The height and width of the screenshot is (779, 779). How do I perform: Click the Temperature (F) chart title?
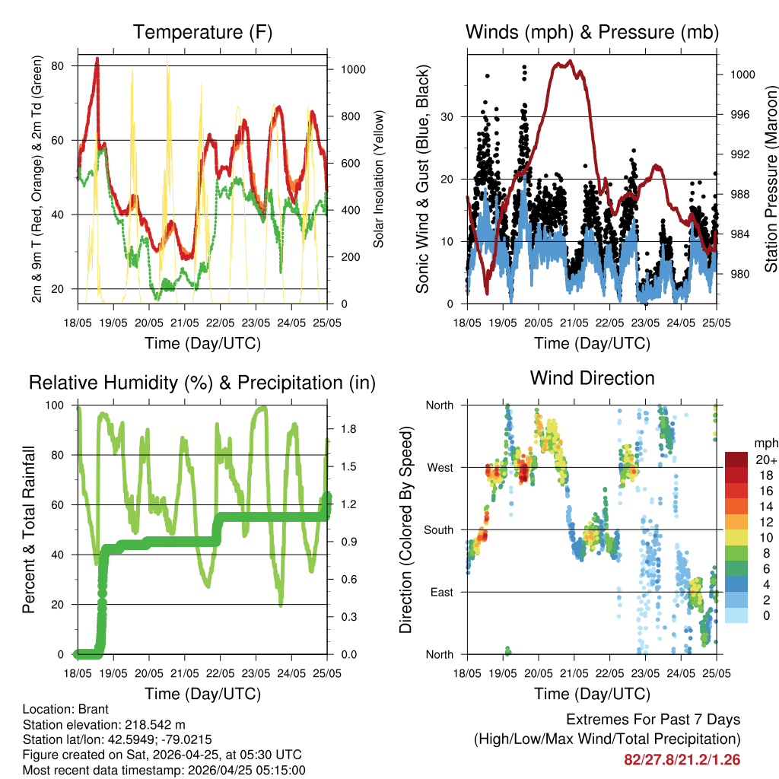coord(202,32)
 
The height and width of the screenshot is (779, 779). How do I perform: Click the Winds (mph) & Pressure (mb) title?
coord(592,32)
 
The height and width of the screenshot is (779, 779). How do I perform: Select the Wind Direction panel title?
coord(592,377)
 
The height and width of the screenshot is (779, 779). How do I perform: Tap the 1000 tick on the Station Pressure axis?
coord(742,75)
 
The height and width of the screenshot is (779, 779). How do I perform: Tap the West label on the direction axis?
coord(439,467)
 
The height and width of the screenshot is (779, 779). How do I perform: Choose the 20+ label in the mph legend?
coord(766,459)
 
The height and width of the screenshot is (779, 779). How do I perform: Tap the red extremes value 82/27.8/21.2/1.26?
coord(682,760)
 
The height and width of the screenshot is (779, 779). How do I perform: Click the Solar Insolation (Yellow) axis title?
coord(378,179)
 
